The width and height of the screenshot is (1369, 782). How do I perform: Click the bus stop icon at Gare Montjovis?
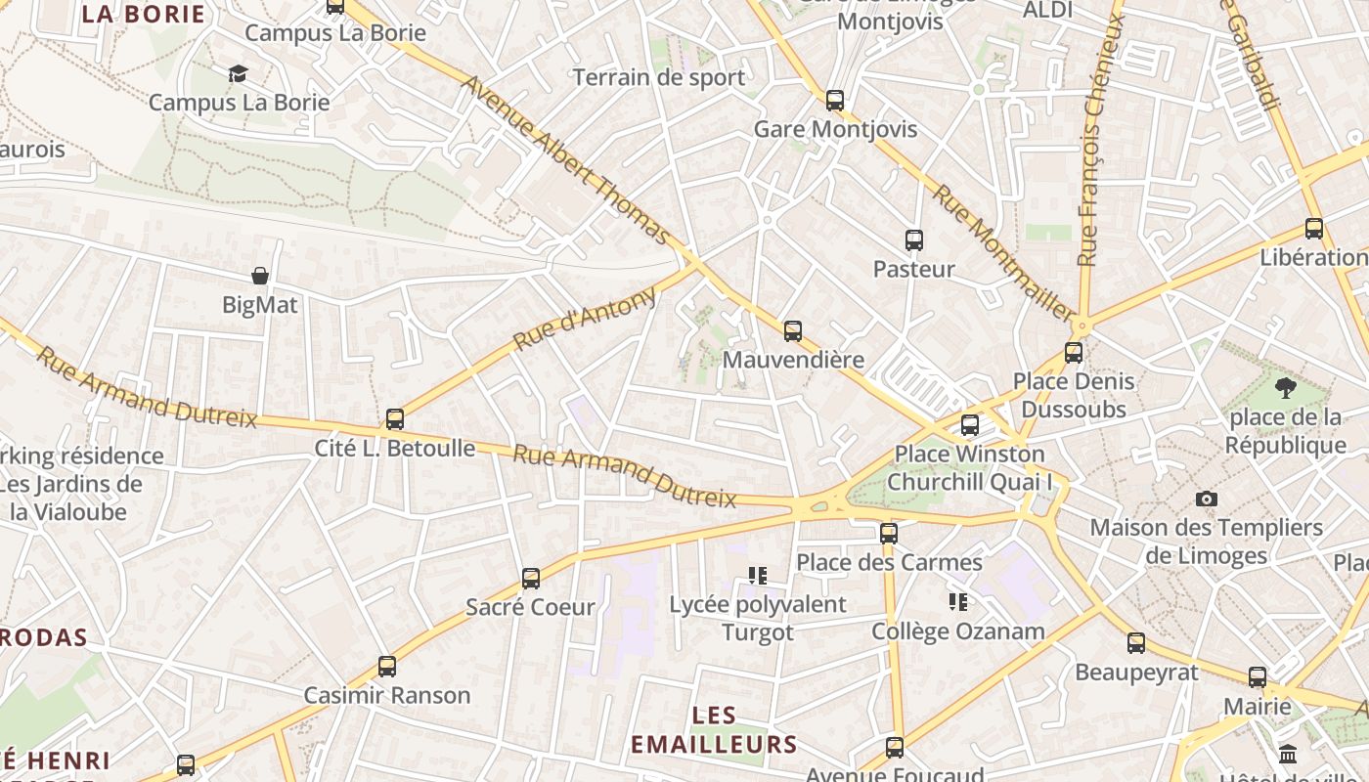click(834, 100)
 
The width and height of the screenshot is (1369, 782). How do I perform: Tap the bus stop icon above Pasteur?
click(914, 239)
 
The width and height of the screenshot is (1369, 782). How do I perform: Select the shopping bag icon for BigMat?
click(260, 276)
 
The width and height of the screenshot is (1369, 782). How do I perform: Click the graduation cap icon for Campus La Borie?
click(238, 73)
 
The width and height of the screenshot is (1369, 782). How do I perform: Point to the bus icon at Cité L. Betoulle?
click(395, 419)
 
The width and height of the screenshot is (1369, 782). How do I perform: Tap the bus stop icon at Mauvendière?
click(793, 330)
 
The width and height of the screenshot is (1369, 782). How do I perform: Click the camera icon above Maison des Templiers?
click(1207, 499)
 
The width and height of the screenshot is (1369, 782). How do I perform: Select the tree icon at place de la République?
click(1285, 388)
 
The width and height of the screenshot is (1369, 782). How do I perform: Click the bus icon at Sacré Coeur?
click(531, 578)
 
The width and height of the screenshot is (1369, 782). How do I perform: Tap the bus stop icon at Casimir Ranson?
click(387, 667)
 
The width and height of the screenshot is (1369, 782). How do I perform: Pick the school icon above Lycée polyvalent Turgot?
click(758, 575)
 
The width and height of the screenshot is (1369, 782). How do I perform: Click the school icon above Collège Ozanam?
click(958, 601)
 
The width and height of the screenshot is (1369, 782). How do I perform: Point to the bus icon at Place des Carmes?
click(888, 533)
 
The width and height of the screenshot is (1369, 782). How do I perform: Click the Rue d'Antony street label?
click(584, 319)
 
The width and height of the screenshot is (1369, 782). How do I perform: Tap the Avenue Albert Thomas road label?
click(566, 160)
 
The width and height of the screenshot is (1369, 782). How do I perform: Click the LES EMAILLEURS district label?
click(714, 730)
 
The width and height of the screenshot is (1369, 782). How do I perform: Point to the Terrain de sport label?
click(658, 77)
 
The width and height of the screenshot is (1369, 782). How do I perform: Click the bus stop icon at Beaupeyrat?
click(1135, 643)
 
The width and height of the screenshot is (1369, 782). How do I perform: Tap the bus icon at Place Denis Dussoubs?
click(1074, 353)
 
